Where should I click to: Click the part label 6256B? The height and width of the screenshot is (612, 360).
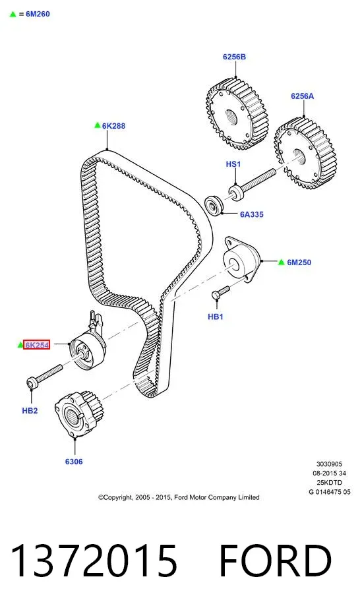[x=235, y=57]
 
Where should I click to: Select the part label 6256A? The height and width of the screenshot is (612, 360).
[x=302, y=96]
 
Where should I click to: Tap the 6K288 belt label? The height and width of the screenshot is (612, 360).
[x=113, y=126]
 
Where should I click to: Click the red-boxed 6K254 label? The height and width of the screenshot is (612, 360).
[x=37, y=345]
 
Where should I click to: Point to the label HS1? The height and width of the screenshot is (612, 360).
[x=233, y=164]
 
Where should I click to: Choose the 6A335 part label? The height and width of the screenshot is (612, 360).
[x=252, y=214]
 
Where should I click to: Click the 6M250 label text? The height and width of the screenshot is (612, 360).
[x=299, y=262]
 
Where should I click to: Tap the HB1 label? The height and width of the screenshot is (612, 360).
[x=216, y=317]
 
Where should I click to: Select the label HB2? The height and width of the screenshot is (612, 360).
[x=30, y=410]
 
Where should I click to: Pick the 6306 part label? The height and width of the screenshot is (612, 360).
[x=74, y=462]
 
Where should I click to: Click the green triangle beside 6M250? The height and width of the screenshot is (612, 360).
[x=282, y=262]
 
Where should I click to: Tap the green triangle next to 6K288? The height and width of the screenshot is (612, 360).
[x=98, y=125]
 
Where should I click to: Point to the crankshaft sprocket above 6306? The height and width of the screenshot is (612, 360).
[x=78, y=413]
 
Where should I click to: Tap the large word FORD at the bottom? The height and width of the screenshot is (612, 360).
[x=276, y=561]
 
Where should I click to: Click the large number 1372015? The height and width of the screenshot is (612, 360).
[x=94, y=561]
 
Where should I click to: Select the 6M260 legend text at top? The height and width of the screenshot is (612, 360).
[x=38, y=14]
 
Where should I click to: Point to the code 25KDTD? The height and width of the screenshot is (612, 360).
[x=329, y=483]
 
